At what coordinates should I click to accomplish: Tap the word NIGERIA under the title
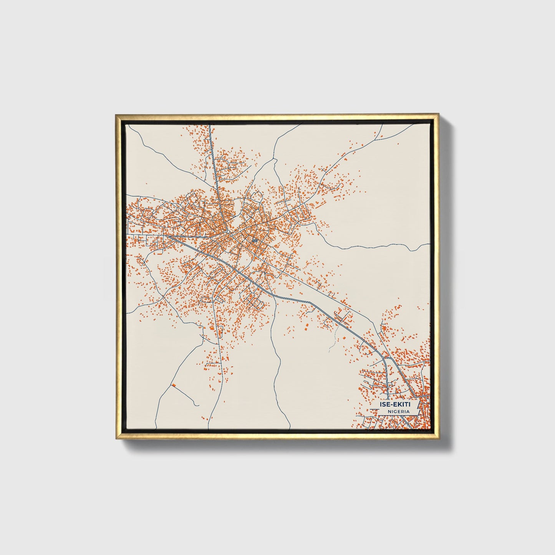398,411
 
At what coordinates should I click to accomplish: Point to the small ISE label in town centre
254,240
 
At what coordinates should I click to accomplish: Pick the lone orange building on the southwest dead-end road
174,385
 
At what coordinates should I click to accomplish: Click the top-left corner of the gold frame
116,114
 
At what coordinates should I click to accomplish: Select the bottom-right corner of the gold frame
438,439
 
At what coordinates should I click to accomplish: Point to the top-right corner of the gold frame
438,114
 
